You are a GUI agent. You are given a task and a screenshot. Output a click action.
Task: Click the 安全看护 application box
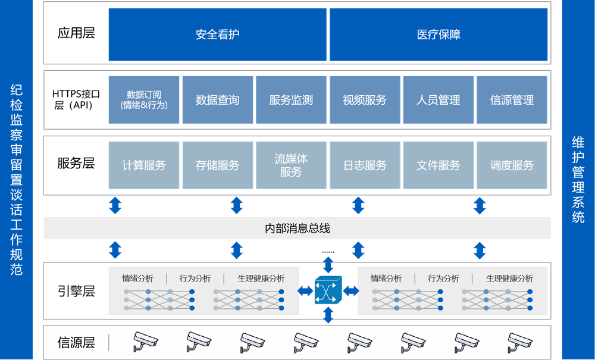point(217,35)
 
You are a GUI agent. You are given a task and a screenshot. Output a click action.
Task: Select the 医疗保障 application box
point(439,35)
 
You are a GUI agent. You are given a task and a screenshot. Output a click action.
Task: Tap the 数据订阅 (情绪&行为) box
point(144,100)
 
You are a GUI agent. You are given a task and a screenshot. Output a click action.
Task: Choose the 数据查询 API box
point(217,100)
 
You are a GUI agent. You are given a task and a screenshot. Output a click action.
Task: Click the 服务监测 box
point(291,100)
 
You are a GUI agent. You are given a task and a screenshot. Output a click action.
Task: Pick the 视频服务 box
point(365,100)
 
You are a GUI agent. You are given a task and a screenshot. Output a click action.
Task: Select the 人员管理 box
point(439,100)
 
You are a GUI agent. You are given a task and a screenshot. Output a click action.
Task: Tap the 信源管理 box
point(512,100)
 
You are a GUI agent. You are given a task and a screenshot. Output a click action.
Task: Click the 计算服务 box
point(144,165)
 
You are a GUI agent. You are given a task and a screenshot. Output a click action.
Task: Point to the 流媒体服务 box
point(291,165)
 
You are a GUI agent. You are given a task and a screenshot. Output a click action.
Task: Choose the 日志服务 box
point(365,165)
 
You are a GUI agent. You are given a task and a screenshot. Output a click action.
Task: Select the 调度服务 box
point(512,165)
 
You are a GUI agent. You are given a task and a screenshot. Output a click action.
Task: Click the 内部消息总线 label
point(297,228)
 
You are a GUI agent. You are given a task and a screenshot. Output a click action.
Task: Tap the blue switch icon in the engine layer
point(328,290)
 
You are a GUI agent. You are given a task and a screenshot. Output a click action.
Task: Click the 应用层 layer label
point(76,33)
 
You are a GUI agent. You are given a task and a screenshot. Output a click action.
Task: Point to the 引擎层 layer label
point(76,291)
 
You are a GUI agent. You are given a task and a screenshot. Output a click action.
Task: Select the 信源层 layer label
point(76,342)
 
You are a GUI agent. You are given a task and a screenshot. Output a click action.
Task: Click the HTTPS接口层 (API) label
point(76,99)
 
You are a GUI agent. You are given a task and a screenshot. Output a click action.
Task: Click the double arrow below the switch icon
point(328,315)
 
